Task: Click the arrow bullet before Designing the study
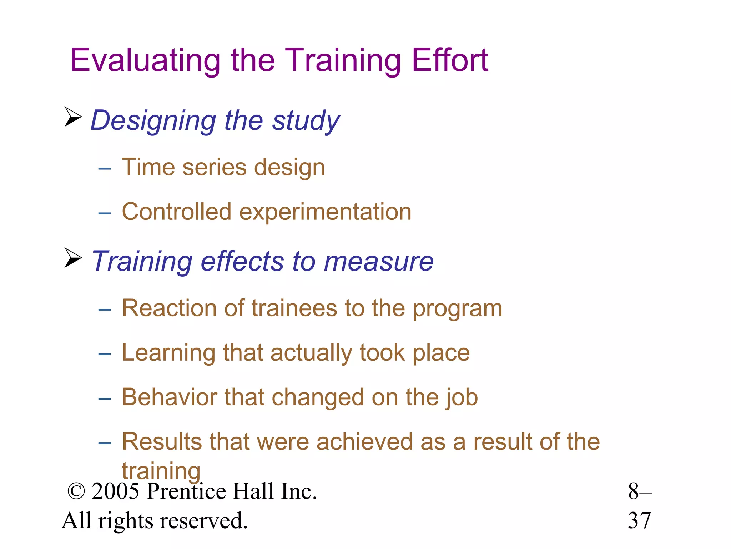pos(73,117)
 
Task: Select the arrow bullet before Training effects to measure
pos(73,258)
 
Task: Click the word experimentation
pos(325,212)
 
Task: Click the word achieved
pos(364,442)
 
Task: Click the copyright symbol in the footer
pos(76,491)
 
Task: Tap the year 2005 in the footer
pos(115,491)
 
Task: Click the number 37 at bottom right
pos(639,520)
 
